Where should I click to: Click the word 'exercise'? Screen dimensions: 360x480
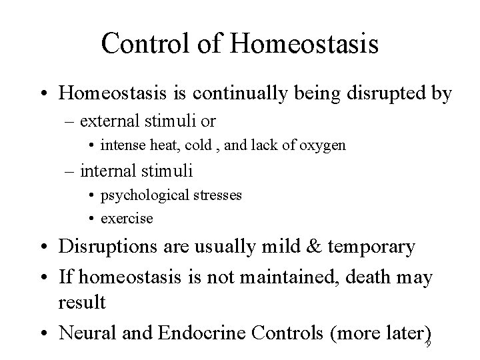(x=126, y=218)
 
